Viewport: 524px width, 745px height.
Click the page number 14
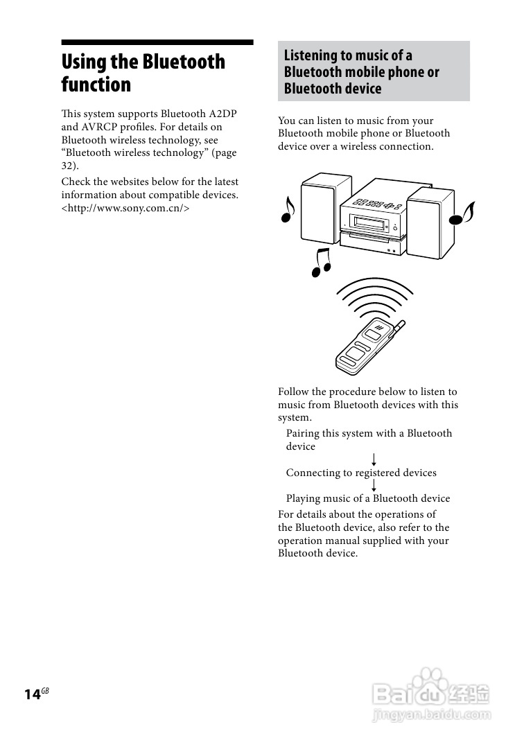(32, 694)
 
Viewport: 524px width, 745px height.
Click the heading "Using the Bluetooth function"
(143, 73)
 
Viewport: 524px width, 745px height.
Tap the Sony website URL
(125, 208)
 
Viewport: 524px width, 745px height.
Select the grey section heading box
(374, 71)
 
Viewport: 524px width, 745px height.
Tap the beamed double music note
(321, 261)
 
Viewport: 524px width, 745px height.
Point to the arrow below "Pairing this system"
(374, 459)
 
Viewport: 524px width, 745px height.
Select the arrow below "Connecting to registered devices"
(374, 485)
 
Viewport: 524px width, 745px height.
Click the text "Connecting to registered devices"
(361, 473)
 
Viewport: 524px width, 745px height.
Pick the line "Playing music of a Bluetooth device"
(368, 498)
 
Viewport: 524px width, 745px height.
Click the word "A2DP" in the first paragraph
(223, 114)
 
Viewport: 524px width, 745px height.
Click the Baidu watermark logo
(430, 693)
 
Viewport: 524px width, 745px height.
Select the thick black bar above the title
(157, 42)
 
